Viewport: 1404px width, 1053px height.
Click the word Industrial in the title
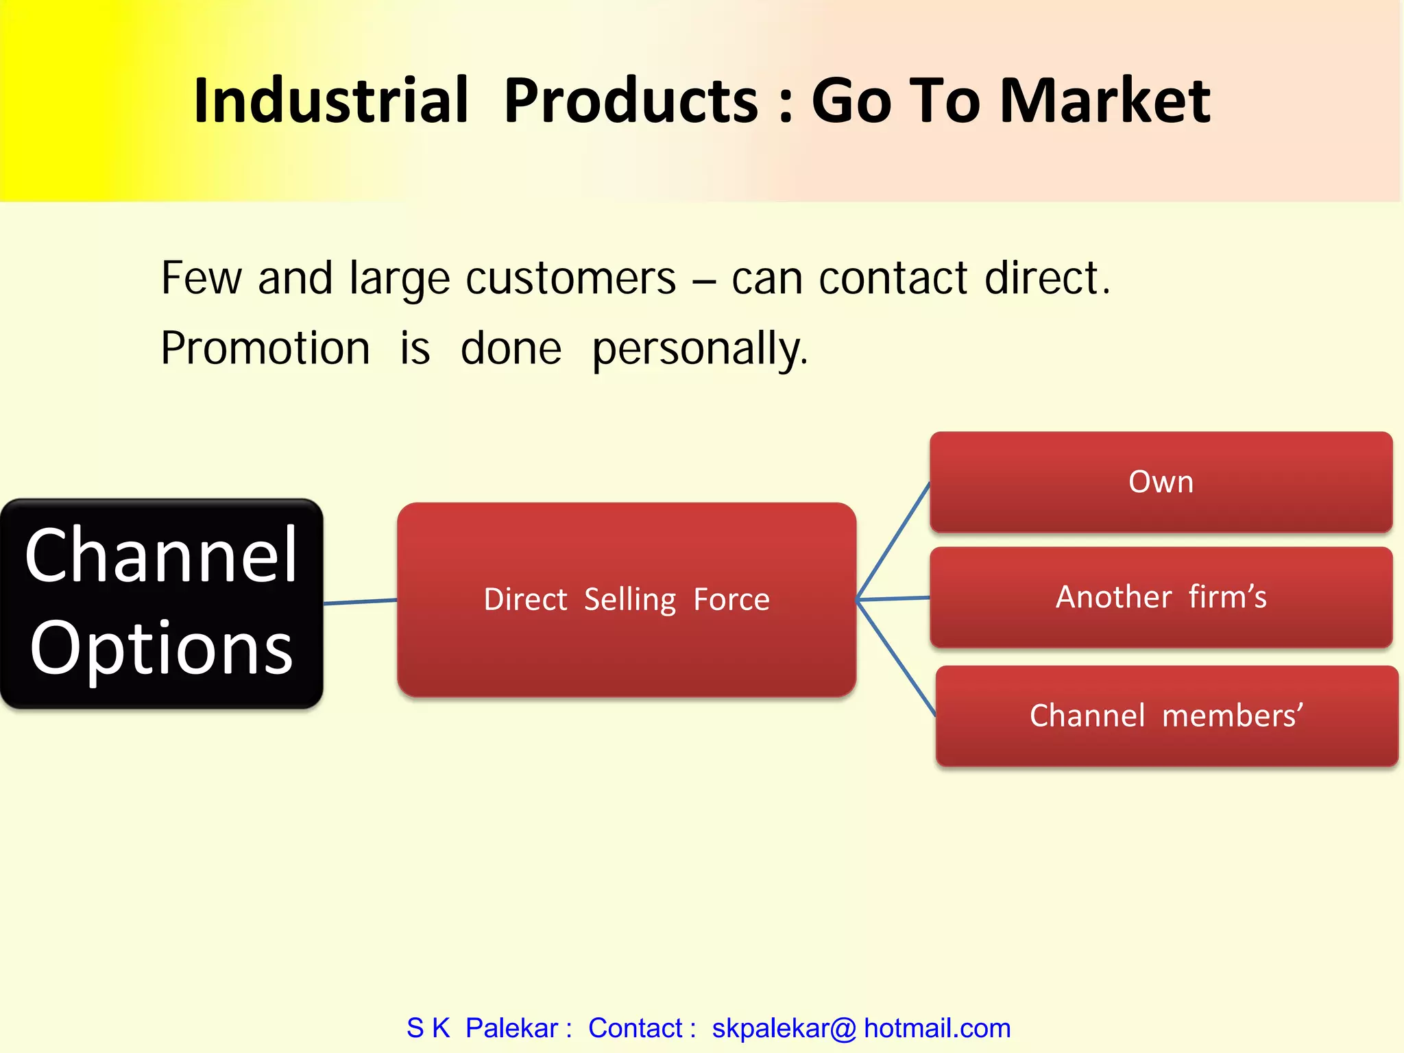pos(331,101)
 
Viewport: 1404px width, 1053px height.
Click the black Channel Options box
pos(161,603)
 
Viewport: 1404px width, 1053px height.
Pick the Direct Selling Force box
pos(626,600)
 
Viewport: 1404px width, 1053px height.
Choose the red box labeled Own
pos(1161,482)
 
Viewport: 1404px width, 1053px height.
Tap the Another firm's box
pos(1161,597)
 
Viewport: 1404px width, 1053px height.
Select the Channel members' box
pos(1165,716)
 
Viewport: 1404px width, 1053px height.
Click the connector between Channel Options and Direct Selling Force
pos(360,602)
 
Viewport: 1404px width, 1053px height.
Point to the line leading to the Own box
pos(893,541)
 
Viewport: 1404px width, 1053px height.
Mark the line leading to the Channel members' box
pos(896,658)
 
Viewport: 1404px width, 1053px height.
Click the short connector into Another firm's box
pos(893,598)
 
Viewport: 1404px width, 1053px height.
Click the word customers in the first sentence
pos(570,279)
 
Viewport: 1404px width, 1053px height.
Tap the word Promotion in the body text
pos(265,348)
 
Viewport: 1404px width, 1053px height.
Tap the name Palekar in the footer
pos(511,1028)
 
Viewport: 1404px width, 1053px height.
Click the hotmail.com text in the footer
pos(936,1028)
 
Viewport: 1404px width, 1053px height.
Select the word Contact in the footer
pos(635,1028)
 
